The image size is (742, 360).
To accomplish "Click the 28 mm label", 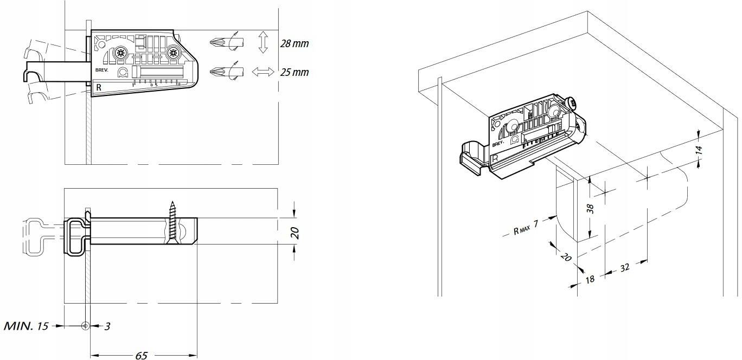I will point(294,43).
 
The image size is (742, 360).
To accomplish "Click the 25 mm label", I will point(294,72).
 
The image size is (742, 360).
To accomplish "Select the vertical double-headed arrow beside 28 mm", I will point(263,42).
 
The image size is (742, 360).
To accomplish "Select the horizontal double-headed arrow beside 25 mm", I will point(264,72).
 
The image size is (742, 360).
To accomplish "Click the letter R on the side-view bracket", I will point(99,87).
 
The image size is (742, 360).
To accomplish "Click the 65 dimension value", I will point(141,356).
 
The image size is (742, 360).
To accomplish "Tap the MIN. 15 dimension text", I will point(27,326).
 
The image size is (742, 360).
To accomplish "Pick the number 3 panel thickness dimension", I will point(107,326).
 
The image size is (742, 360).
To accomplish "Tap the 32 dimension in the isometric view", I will point(624,268).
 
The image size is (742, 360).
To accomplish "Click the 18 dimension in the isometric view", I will point(590,279).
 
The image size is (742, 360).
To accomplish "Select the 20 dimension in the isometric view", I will point(566,257).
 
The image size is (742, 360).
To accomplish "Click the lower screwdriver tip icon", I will point(218,72).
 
